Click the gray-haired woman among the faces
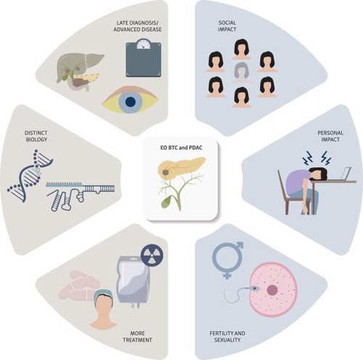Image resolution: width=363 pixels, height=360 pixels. [x=241, y=72]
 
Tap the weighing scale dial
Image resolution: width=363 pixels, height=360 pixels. [x=144, y=44]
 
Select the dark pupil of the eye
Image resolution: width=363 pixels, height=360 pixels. [x=131, y=102]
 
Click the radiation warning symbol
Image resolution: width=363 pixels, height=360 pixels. [x=152, y=255]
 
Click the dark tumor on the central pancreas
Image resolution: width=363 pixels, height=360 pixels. [x=166, y=173]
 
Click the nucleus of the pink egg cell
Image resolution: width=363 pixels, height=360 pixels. [x=272, y=290]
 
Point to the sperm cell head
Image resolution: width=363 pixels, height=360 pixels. [x=256, y=289]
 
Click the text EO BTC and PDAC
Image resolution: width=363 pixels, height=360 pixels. [x=181, y=147]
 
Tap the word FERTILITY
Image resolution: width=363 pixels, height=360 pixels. [x=220, y=333]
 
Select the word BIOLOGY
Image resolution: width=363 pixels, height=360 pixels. [x=36, y=139]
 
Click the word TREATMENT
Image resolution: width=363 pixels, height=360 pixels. [x=137, y=340]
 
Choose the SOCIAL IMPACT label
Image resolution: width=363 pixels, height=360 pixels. [x=227, y=26]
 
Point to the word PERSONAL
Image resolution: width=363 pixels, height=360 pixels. [x=330, y=133]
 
